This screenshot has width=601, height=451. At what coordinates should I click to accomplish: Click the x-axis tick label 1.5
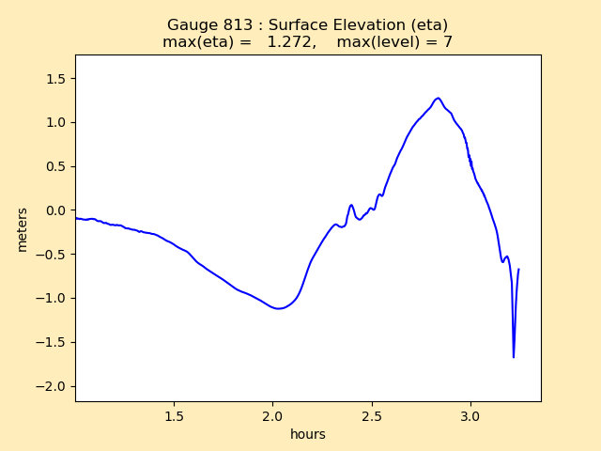point(174,415)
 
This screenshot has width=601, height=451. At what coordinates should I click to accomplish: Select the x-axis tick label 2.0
point(272,415)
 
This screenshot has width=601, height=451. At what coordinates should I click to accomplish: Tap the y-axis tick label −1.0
point(54,299)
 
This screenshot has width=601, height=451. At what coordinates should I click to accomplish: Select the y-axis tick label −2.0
point(54,386)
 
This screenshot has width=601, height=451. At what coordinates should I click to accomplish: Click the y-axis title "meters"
point(22,228)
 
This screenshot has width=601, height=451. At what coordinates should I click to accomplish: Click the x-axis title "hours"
point(308,434)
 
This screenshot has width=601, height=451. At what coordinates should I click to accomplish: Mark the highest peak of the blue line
point(438,98)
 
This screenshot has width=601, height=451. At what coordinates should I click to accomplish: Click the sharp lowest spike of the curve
point(514,357)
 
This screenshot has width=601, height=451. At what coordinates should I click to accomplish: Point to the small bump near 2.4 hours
point(351,206)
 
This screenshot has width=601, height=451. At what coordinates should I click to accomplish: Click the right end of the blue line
point(518,270)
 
